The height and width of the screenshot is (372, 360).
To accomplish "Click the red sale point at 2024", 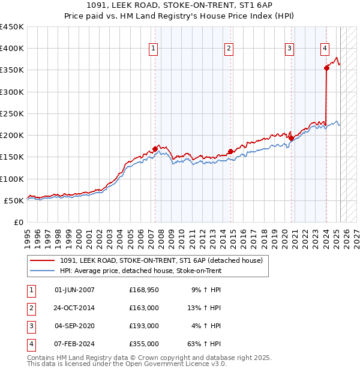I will point(326,68).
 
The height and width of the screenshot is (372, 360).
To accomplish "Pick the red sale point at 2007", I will point(155,149).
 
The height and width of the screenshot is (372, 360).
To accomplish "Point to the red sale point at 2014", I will point(230,152).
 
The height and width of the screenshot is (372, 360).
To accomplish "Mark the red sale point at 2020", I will point(291,139).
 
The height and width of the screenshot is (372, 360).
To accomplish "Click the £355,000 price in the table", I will point(144,344).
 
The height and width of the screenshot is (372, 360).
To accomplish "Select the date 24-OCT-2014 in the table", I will point(74,308).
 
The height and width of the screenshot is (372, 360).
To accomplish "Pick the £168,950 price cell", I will point(144,290).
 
